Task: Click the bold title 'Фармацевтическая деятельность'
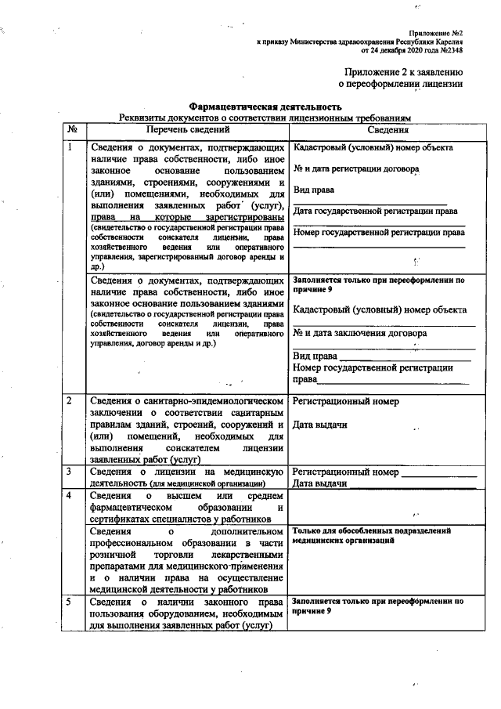[265, 107]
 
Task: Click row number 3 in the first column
[70, 472]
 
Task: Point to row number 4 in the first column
[70, 496]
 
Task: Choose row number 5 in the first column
[70, 602]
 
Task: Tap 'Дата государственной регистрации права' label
[376, 211]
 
